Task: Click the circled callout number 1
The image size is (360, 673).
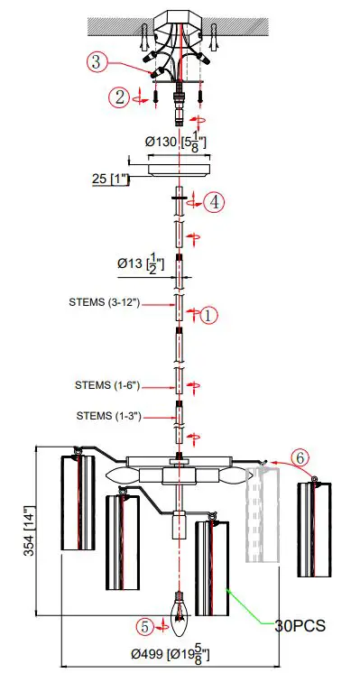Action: click(208, 315)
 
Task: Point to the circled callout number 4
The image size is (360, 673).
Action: click(214, 202)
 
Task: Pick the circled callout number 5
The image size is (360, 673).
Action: click(145, 625)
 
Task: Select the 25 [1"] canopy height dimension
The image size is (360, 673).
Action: click(110, 179)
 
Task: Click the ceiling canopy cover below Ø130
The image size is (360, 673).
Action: click(179, 168)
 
